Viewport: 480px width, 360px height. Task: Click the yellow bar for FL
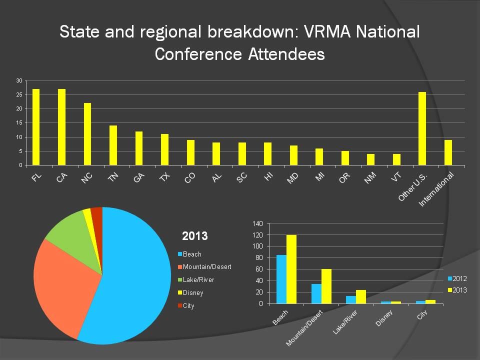(x=36, y=127)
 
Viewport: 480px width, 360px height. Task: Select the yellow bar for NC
(x=87, y=134)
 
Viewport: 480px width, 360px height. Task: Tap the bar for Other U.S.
(x=422, y=128)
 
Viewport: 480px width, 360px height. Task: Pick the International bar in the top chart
(x=448, y=152)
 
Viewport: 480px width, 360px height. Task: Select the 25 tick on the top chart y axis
(x=19, y=94)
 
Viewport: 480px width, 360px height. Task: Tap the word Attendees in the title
(x=286, y=54)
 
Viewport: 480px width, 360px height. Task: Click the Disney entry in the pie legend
(x=193, y=292)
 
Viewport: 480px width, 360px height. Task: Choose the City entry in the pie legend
(x=188, y=305)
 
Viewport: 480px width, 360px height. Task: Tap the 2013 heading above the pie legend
(x=195, y=235)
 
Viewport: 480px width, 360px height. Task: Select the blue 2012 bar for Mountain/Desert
(x=316, y=293)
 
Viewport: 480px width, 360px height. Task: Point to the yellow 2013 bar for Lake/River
(x=361, y=296)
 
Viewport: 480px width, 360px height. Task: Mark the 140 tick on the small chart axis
(x=257, y=223)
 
